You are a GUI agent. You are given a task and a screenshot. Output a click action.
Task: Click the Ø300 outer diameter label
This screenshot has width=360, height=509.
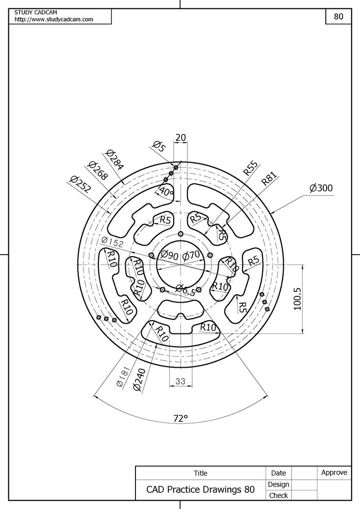(x=321, y=188)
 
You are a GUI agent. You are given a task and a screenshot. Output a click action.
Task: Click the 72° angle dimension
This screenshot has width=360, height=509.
(x=180, y=418)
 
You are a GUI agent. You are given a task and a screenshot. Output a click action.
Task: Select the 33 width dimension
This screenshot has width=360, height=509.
(x=180, y=381)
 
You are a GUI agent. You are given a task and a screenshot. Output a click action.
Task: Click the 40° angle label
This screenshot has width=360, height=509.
(x=167, y=192)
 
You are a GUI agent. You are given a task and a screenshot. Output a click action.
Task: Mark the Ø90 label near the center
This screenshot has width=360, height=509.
(x=169, y=255)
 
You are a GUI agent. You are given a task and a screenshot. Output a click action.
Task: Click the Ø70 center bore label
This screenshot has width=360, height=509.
(x=191, y=255)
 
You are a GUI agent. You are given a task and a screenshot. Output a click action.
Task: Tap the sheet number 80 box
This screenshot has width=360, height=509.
(x=338, y=16)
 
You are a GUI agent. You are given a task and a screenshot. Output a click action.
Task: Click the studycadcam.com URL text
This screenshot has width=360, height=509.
(x=54, y=19)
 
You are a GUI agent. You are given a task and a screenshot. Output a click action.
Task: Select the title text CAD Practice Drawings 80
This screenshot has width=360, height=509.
(x=201, y=489)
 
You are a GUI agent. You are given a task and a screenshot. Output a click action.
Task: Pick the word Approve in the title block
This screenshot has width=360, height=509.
(x=334, y=472)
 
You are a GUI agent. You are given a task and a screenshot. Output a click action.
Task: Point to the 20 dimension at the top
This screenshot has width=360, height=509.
(x=180, y=138)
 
